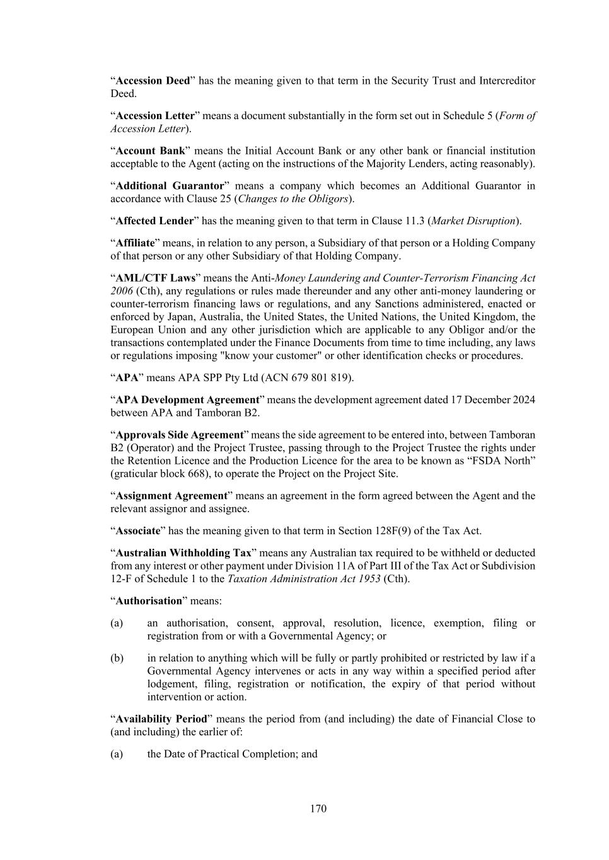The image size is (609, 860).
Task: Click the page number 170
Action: coord(318,808)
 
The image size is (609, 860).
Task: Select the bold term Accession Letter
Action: coord(155,116)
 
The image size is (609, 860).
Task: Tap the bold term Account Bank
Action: coord(150,151)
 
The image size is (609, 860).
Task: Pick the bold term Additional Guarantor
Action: coord(170,186)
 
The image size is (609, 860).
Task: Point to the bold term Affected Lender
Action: coord(154,221)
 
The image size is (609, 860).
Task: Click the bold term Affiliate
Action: coord(136,243)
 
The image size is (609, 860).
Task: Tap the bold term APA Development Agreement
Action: coord(187,399)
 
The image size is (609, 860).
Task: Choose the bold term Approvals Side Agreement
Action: coord(179,435)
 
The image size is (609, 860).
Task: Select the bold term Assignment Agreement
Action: coord(171,496)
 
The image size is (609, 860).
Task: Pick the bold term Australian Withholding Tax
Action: coord(183,553)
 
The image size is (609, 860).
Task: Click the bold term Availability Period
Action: coord(161,719)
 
